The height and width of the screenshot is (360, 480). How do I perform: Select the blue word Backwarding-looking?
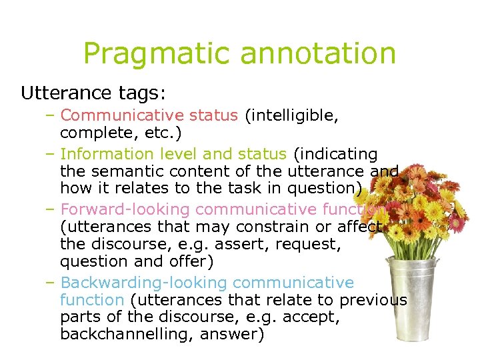tap(143, 283)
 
